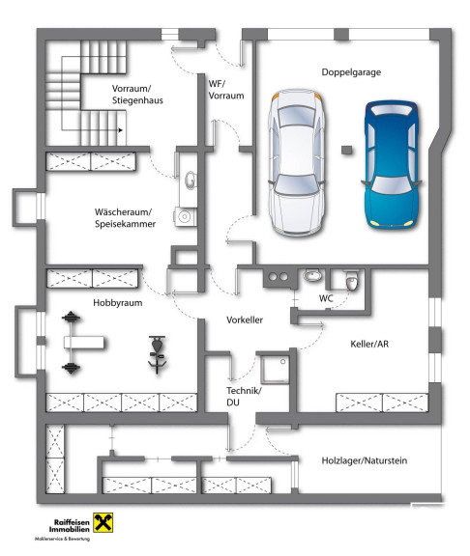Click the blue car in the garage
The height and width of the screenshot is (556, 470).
(x=391, y=164)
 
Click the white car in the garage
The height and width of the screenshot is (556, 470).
(x=297, y=162)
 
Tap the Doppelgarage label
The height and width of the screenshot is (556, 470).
(x=351, y=72)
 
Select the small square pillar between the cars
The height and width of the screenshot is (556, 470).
(x=346, y=150)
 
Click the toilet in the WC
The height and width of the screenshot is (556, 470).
(x=351, y=281)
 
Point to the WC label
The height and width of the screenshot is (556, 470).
(x=326, y=298)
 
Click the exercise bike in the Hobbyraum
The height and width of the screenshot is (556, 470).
(x=157, y=354)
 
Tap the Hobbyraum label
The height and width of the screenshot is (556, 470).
(x=118, y=303)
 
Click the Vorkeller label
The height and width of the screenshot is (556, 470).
(x=245, y=320)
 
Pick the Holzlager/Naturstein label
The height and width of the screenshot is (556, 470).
(x=365, y=460)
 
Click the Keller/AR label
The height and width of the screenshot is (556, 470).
(x=369, y=344)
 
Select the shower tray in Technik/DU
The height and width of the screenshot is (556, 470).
(x=275, y=369)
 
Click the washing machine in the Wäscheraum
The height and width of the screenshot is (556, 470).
(x=185, y=216)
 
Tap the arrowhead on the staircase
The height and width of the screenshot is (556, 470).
(x=121, y=130)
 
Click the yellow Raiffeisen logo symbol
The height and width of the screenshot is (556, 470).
(x=103, y=522)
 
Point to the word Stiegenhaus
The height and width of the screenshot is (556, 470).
(x=137, y=100)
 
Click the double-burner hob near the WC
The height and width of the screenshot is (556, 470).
(x=279, y=277)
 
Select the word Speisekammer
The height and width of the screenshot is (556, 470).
(x=125, y=224)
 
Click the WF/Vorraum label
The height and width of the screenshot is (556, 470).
(x=226, y=90)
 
